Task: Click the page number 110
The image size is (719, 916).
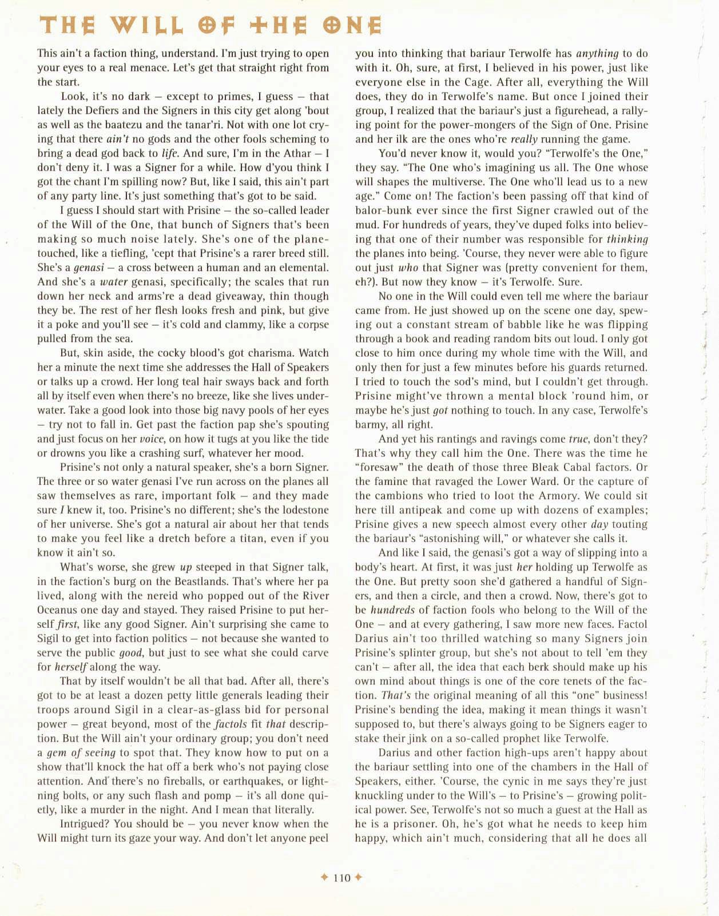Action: pyautogui.click(x=341, y=878)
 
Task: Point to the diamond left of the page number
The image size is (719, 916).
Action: pyautogui.click(x=324, y=878)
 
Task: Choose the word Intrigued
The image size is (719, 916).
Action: pyautogui.click(x=84, y=824)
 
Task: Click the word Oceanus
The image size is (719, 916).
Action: pyautogui.click(x=59, y=610)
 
